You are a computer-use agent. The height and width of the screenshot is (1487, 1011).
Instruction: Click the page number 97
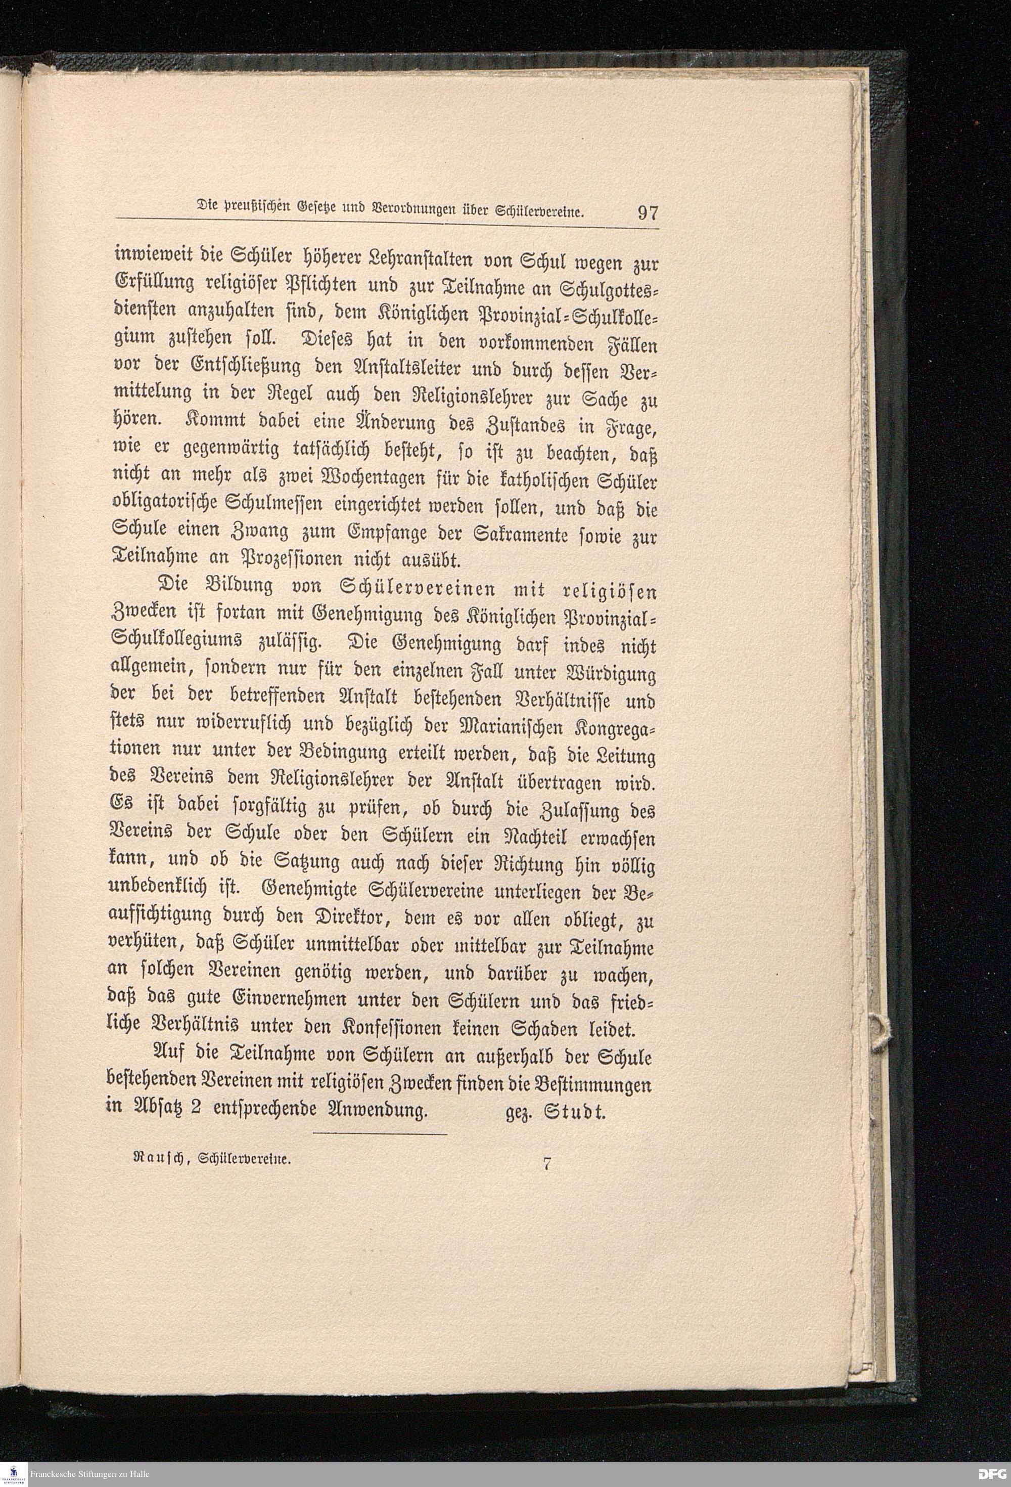(647, 212)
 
